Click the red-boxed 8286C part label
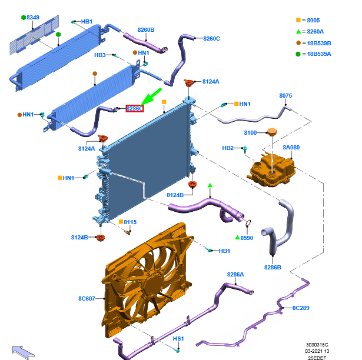(x=135, y=108)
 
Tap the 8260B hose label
(x=146, y=29)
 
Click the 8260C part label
(x=211, y=39)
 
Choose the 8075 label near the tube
(x=285, y=95)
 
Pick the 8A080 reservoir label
(x=291, y=148)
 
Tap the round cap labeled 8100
(x=271, y=132)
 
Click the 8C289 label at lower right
(x=301, y=308)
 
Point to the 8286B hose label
(x=273, y=268)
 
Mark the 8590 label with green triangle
(x=247, y=238)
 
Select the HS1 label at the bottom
(x=178, y=339)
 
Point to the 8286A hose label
(x=235, y=274)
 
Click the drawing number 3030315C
(x=317, y=345)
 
